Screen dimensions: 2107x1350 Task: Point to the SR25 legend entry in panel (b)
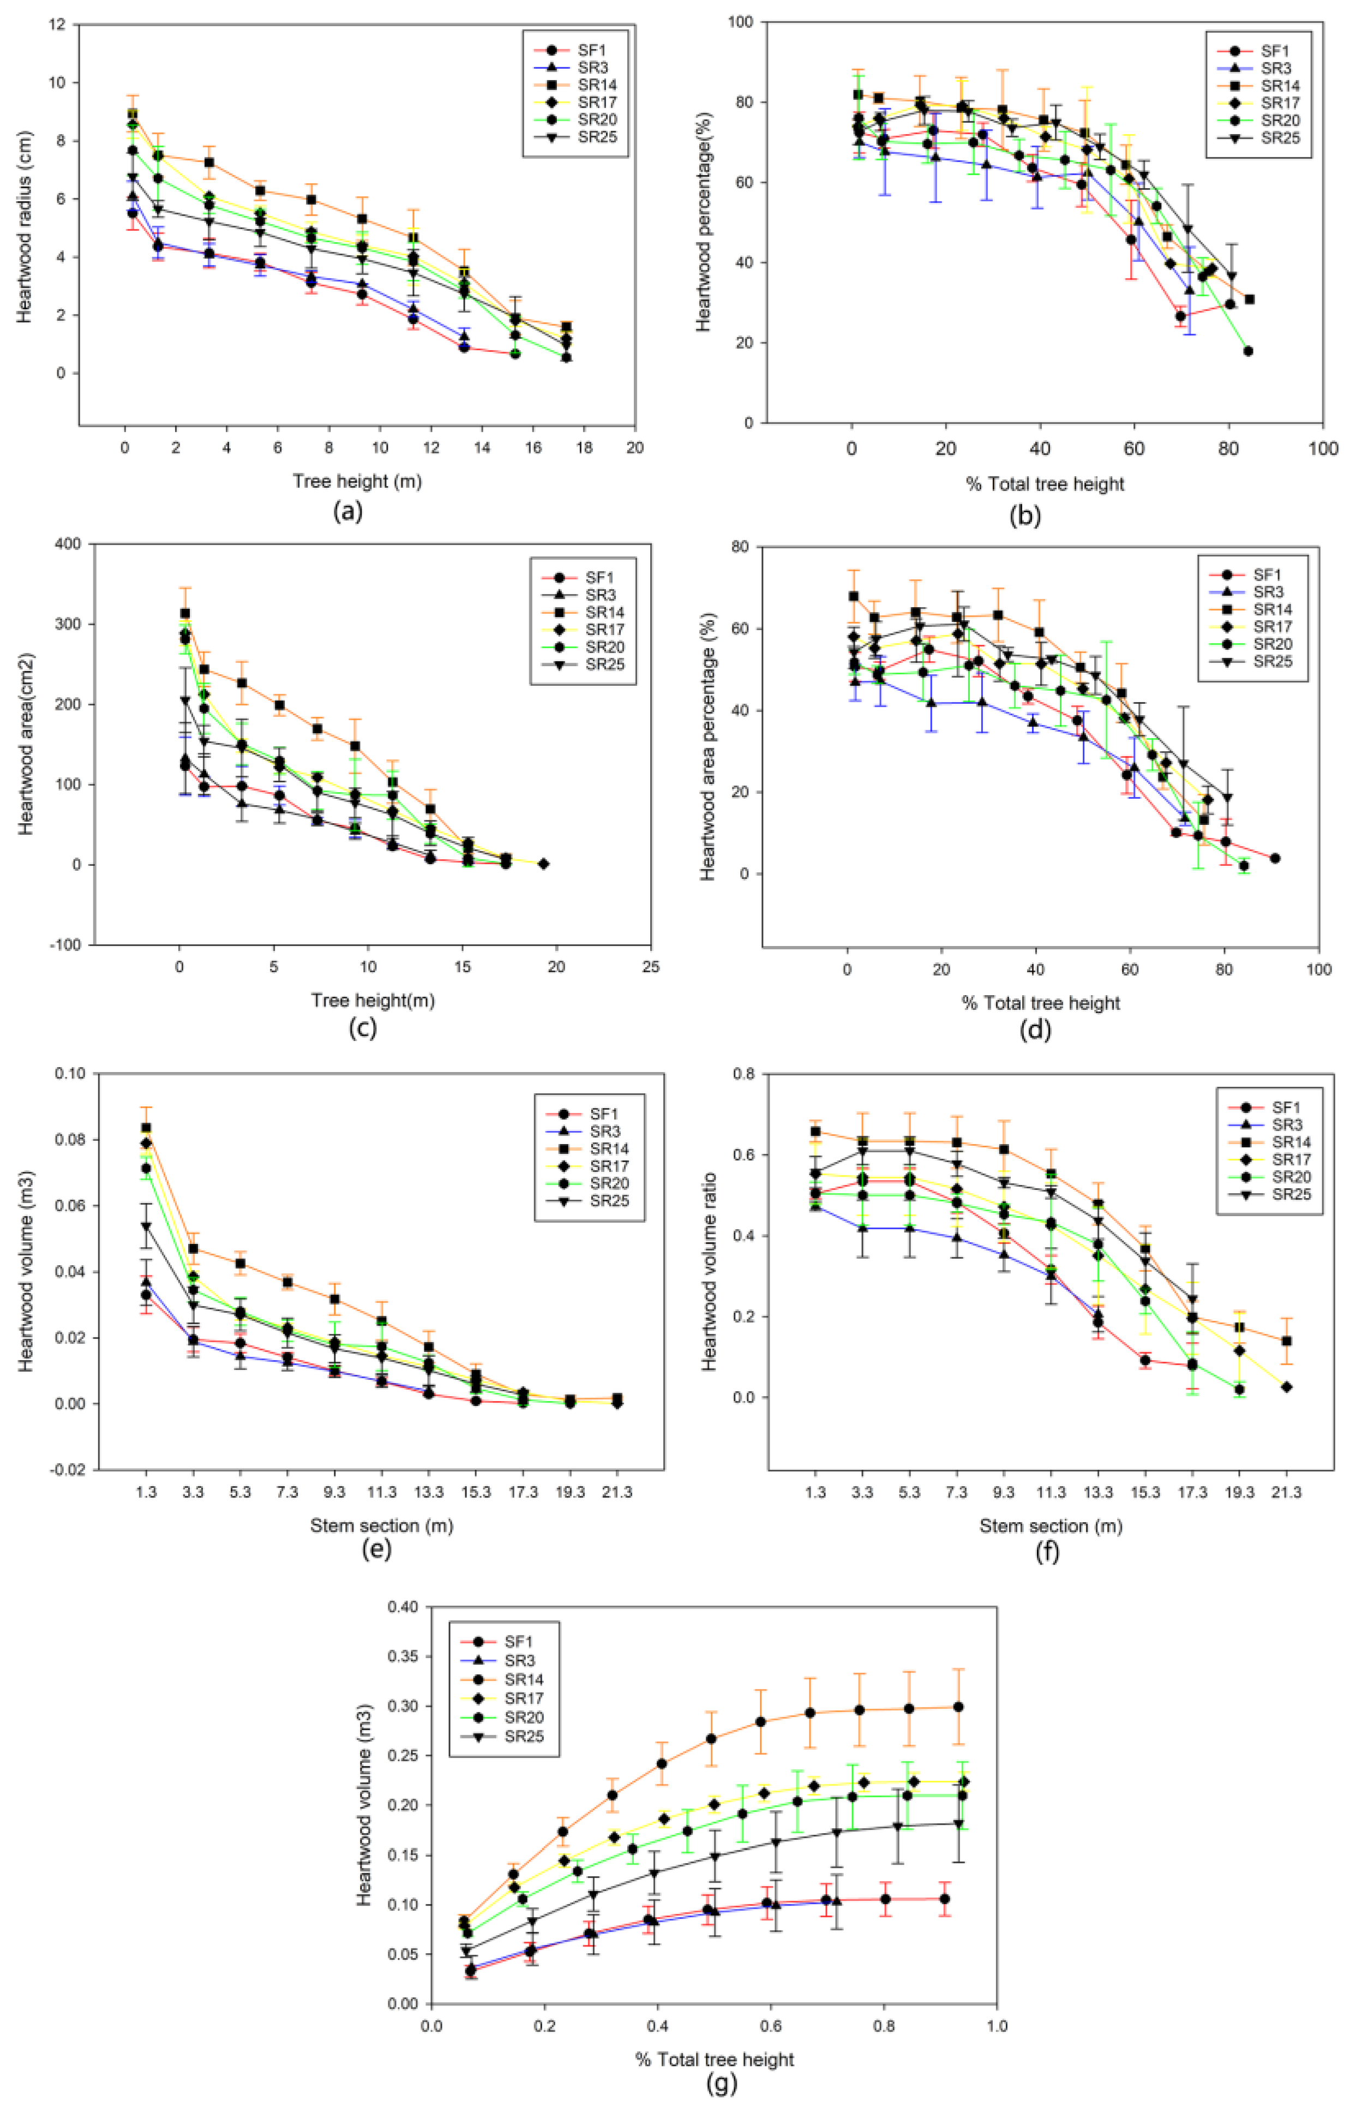point(1280,137)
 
